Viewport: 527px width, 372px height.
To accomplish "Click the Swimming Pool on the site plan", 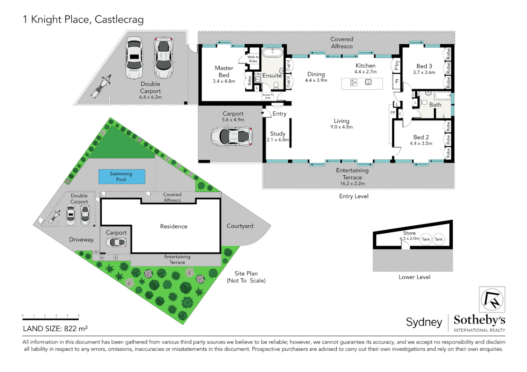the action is pos(121,176).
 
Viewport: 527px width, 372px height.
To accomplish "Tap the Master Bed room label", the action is pos(224,72).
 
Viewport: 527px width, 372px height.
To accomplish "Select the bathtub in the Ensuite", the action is pos(272,53).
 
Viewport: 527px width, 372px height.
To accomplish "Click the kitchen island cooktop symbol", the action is pos(354,83).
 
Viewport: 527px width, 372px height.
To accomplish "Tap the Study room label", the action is pos(278,134).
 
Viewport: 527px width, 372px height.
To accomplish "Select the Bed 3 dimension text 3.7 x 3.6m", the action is pos(424,73).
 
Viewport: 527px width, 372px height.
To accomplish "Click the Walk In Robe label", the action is pos(253,59).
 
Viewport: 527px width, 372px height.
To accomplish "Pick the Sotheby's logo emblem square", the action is pos(492,299).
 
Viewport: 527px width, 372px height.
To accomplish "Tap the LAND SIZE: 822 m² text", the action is pos(55,329).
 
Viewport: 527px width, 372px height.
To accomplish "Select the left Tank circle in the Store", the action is pos(426,239).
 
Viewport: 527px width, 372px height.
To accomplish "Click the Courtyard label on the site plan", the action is pos(240,226).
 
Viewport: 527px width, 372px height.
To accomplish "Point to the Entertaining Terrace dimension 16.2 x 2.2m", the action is pos(352,184).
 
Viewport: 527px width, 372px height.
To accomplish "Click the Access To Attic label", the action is pos(268,96).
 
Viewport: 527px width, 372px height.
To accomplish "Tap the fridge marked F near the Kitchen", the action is pos(397,82).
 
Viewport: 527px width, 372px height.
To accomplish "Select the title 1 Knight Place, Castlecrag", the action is pos(83,20).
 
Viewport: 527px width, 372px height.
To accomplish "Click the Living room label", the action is pos(341,121).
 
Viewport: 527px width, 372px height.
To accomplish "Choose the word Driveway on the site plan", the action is pos(81,240).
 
